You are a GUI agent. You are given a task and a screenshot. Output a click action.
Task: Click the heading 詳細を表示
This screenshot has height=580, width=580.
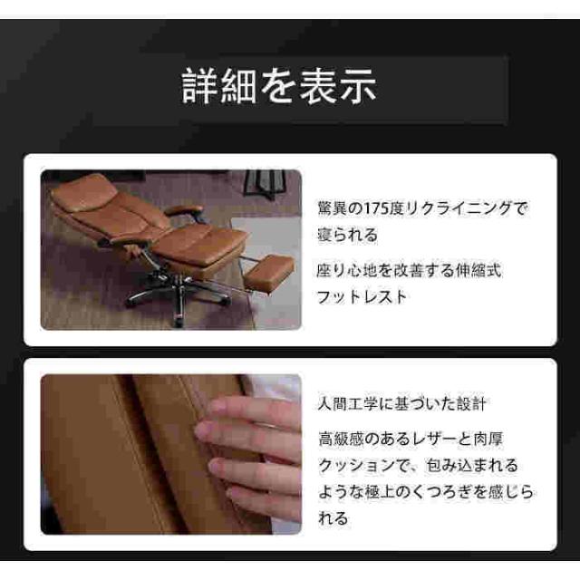pos(279,86)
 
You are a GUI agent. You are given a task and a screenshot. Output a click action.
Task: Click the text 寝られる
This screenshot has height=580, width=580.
pos(347,235)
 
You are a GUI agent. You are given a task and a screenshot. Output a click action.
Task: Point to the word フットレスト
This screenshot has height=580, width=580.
pos(362,297)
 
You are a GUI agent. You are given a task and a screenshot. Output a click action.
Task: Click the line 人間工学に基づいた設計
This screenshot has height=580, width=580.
pos(401,404)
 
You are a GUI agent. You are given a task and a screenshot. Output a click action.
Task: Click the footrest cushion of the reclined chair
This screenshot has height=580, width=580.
pos(269,270)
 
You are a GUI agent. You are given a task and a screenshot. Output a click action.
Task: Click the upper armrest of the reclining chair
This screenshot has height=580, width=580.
pos(183,211)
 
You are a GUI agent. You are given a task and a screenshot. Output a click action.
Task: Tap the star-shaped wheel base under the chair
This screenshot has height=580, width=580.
pos(178,294)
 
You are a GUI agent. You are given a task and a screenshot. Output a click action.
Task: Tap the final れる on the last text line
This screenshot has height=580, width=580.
pos(333,518)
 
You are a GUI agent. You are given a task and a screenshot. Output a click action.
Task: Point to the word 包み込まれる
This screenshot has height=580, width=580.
pos(472,465)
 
